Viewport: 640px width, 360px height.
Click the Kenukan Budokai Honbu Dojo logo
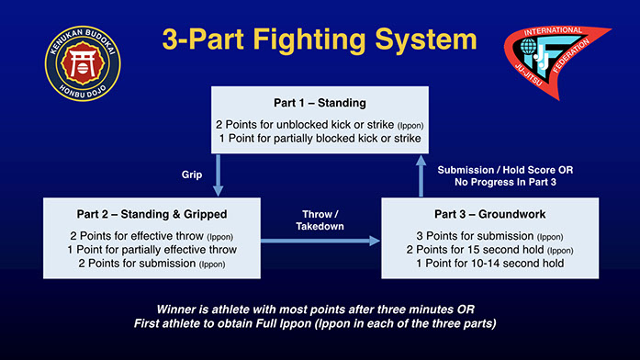click(83, 63)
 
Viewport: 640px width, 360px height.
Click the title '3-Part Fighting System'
click(320, 39)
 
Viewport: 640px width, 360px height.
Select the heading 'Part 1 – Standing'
click(320, 103)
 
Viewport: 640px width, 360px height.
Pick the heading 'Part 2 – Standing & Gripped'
click(152, 214)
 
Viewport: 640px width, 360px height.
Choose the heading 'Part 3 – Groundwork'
click(489, 214)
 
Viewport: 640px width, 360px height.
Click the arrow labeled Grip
click(218, 175)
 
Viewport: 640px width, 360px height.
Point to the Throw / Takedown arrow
click(320, 241)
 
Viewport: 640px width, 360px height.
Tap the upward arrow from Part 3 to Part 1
click(421, 176)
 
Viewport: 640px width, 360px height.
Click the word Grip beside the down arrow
click(192, 174)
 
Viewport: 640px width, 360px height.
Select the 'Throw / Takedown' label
click(320, 220)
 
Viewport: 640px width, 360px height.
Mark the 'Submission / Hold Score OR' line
click(505, 170)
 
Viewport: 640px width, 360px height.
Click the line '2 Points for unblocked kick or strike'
click(305, 125)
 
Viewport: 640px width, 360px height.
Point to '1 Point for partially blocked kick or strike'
click(320, 139)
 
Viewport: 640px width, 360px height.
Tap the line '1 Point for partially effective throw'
click(152, 250)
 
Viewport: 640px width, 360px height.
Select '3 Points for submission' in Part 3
click(475, 236)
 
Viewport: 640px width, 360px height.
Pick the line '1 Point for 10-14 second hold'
click(489, 264)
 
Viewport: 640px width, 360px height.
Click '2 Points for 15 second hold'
click(475, 250)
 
